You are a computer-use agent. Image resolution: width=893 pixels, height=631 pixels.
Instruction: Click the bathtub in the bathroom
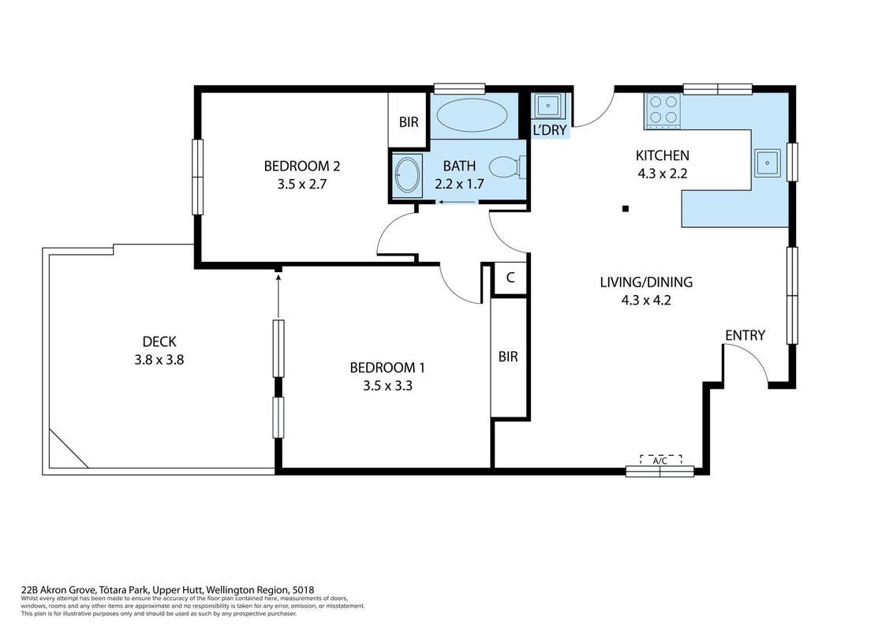[x=472, y=115]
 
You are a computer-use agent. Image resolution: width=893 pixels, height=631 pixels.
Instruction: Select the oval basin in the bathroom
[x=407, y=175]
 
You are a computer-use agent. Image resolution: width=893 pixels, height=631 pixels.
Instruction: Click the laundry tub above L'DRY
[x=548, y=105]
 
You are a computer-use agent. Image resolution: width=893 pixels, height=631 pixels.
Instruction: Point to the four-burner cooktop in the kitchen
[x=663, y=110]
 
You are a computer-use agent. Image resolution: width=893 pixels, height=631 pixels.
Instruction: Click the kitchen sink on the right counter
[x=768, y=162]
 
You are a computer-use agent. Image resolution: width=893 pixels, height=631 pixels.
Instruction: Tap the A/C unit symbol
[x=660, y=460]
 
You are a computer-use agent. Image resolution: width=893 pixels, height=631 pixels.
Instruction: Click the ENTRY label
[x=745, y=335]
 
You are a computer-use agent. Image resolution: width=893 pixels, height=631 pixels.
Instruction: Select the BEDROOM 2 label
[x=302, y=166]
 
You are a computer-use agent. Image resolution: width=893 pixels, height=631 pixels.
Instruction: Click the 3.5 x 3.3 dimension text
[x=388, y=386]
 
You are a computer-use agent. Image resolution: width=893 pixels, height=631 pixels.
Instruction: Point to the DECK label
[x=159, y=342]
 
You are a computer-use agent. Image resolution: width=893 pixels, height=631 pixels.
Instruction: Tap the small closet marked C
[x=510, y=278]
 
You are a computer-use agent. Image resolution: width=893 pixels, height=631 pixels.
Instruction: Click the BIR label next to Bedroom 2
[x=409, y=122]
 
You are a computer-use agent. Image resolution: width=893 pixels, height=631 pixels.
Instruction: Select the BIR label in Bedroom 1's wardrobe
[x=508, y=357]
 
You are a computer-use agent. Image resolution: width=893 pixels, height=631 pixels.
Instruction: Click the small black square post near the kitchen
[x=626, y=209]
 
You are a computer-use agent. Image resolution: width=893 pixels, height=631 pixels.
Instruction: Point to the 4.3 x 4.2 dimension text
[x=646, y=301]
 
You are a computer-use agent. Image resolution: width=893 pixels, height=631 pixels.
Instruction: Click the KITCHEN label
[x=663, y=155]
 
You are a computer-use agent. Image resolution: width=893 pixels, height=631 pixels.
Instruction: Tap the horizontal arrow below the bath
[x=458, y=202]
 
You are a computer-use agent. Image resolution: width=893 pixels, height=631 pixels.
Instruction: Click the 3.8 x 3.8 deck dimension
[x=159, y=360]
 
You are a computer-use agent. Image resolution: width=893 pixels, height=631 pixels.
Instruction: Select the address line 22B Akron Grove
[x=167, y=590]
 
